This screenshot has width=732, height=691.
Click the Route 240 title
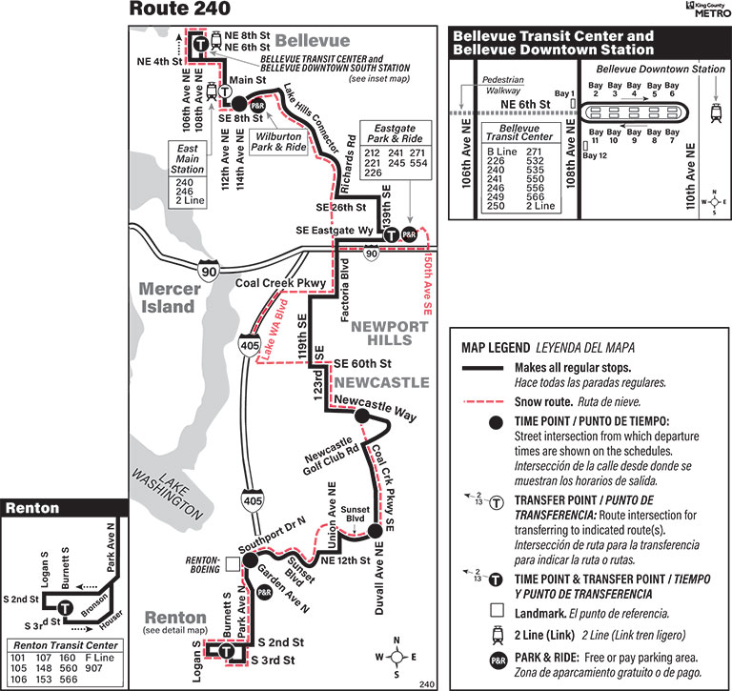[179, 10]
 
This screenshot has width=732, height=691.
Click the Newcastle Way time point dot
[361, 416]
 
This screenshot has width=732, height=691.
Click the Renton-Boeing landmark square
[234, 564]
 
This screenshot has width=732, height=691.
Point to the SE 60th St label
[362, 363]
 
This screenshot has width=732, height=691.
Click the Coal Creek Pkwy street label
[281, 282]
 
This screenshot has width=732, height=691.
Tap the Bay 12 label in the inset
[595, 155]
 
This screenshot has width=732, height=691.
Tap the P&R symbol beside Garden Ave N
[265, 592]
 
